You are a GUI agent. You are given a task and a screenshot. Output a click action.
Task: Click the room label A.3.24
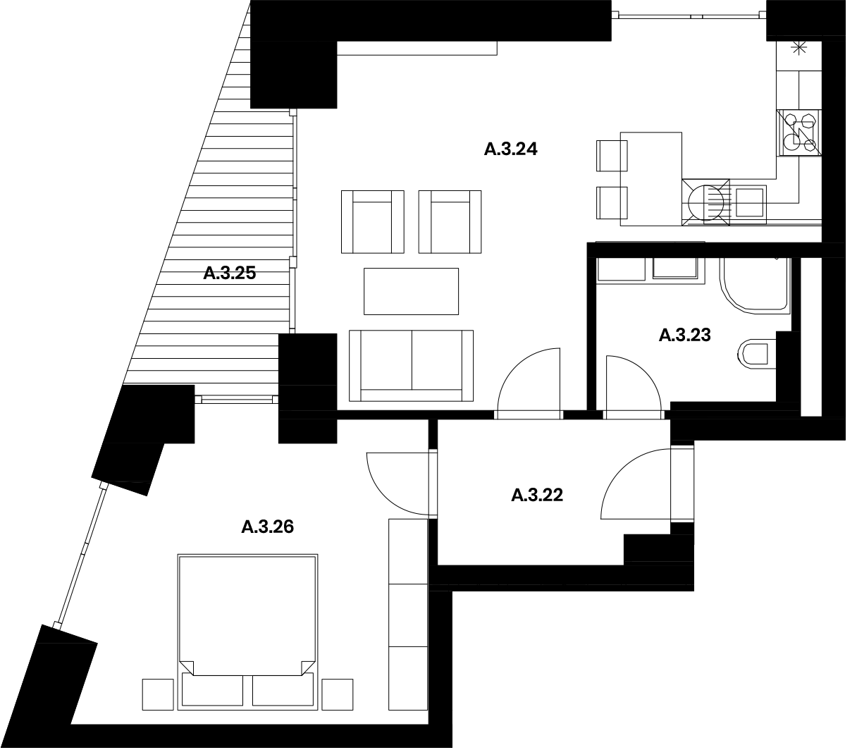[510, 149]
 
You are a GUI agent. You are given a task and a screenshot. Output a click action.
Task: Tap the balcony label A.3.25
[229, 273]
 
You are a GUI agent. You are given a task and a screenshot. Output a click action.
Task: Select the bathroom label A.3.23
[684, 336]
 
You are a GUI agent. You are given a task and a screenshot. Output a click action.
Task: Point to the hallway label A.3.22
[537, 496]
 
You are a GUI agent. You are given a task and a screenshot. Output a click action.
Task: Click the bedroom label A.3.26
[267, 527]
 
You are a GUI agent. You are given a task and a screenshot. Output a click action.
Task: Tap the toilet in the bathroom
[756, 354]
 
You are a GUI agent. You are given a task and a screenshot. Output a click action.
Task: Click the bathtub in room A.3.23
[755, 285]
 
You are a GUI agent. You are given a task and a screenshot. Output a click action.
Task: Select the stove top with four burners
[799, 133]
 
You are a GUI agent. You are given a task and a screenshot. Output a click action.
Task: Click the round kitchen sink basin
[705, 202]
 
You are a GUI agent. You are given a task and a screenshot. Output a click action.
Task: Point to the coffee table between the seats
[411, 291]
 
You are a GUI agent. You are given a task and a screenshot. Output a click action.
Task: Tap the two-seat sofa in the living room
[411, 366]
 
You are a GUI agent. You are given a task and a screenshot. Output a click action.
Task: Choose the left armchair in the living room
[372, 221]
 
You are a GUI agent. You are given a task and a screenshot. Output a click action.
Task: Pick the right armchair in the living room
[450, 221]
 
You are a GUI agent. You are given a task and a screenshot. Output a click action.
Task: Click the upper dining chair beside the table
[612, 156]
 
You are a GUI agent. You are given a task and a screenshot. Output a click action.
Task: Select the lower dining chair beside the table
[612, 203]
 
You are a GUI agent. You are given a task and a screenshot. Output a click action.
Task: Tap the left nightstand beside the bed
[158, 695]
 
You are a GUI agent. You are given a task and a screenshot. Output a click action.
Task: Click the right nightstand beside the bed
[337, 695]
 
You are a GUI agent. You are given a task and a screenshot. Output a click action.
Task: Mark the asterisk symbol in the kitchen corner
[799, 49]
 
